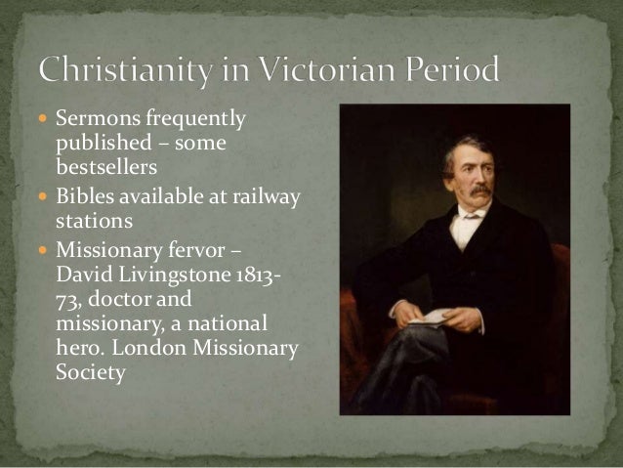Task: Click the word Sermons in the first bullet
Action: coord(91,121)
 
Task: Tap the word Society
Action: coord(92,373)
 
